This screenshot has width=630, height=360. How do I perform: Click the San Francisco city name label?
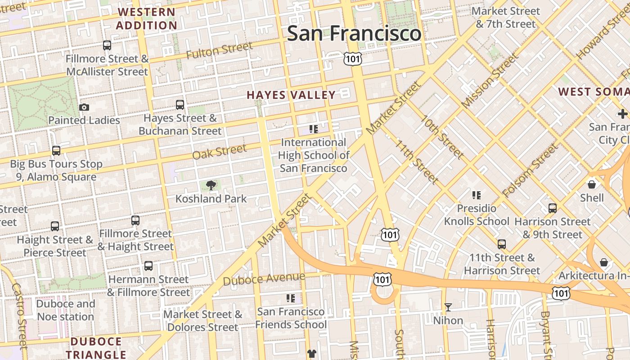(x=354, y=34)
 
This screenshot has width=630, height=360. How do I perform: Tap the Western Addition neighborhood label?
(x=146, y=19)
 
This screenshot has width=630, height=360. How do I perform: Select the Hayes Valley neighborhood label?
(x=291, y=95)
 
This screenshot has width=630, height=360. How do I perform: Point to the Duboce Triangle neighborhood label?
(x=96, y=348)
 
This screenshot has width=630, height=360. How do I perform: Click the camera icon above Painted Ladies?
(x=84, y=107)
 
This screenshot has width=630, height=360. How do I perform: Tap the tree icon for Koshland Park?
(x=211, y=185)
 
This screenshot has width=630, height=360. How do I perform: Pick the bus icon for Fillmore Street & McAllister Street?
(x=107, y=45)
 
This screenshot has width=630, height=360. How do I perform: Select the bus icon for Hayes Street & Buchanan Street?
(x=180, y=105)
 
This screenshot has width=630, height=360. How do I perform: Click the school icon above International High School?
(x=314, y=129)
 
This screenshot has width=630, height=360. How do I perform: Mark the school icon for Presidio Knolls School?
(x=477, y=195)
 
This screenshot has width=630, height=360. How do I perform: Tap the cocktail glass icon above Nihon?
(x=448, y=307)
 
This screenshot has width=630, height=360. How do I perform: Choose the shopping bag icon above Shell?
(x=592, y=184)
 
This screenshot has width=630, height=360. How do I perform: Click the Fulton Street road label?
(x=219, y=50)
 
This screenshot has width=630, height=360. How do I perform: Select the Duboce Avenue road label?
(x=264, y=279)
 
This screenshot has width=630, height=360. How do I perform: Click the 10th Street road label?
(x=442, y=137)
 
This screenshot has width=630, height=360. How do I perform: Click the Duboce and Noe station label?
(x=66, y=310)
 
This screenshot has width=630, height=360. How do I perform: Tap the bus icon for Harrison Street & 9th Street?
(x=553, y=208)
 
